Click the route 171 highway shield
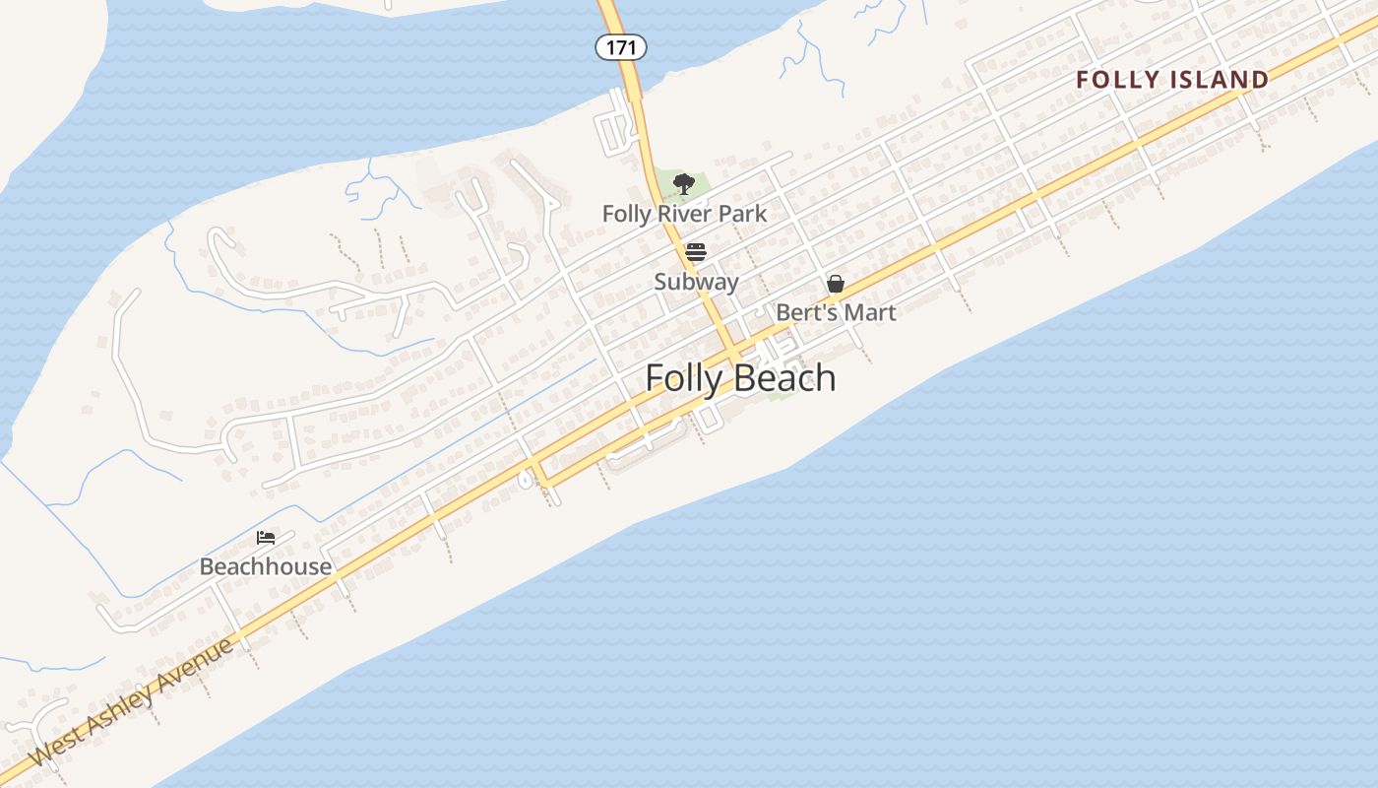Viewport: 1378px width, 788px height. click(x=621, y=46)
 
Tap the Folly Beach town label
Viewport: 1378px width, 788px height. click(x=740, y=378)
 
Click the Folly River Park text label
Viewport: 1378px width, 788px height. click(x=684, y=214)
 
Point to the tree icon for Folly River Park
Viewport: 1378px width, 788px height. click(x=684, y=183)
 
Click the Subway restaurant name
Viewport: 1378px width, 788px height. click(x=696, y=282)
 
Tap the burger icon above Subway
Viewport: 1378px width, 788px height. click(x=696, y=252)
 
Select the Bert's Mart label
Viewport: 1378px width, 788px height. click(x=836, y=313)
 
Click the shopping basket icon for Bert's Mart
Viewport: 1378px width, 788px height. click(x=836, y=285)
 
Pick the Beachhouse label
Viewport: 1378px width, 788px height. click(x=266, y=566)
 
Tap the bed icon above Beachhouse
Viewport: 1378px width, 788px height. click(x=266, y=538)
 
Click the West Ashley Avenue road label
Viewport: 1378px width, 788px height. click(x=133, y=701)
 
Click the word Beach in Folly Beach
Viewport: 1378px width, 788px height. click(x=786, y=378)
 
